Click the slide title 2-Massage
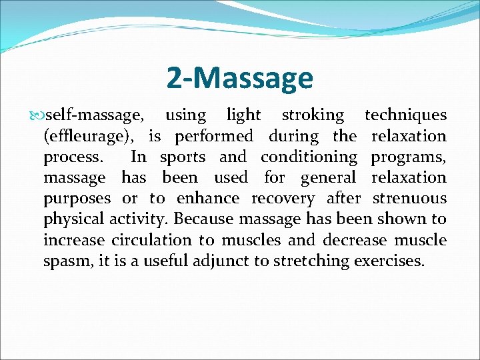click(239, 78)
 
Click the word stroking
click(313, 115)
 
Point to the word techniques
click(405, 115)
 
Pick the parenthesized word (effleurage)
click(91, 137)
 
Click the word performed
click(214, 137)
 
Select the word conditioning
click(309, 157)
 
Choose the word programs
click(408, 157)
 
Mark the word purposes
click(77, 199)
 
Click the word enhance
click(207, 199)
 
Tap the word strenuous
click(409, 199)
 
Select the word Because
click(203, 219)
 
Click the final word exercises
click(389, 261)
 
